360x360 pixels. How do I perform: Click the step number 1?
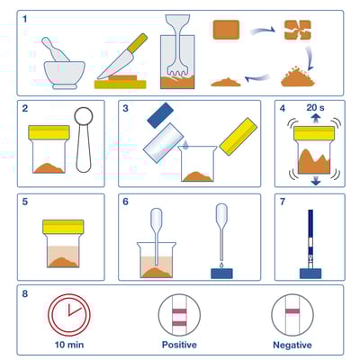(24, 19)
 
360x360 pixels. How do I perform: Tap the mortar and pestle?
(64, 65)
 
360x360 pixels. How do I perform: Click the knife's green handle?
(138, 42)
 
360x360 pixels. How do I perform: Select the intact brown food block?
(226, 30)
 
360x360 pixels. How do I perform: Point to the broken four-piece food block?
(298, 30)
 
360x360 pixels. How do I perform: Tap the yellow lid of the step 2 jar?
(49, 132)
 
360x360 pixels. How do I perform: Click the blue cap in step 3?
(160, 115)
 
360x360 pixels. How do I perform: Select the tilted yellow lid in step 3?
(238, 137)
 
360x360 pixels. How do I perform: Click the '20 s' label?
(315, 107)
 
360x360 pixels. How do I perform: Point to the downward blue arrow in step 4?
(315, 181)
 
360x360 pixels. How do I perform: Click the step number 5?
(25, 202)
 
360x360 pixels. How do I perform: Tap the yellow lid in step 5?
(63, 227)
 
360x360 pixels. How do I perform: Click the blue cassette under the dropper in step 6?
(222, 274)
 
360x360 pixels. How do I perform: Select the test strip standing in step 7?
(310, 239)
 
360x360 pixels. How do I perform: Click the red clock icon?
(69, 315)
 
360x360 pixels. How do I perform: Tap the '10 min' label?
(69, 345)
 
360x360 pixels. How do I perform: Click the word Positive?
(179, 345)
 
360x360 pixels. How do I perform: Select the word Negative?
(292, 345)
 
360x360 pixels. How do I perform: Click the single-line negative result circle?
(292, 315)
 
